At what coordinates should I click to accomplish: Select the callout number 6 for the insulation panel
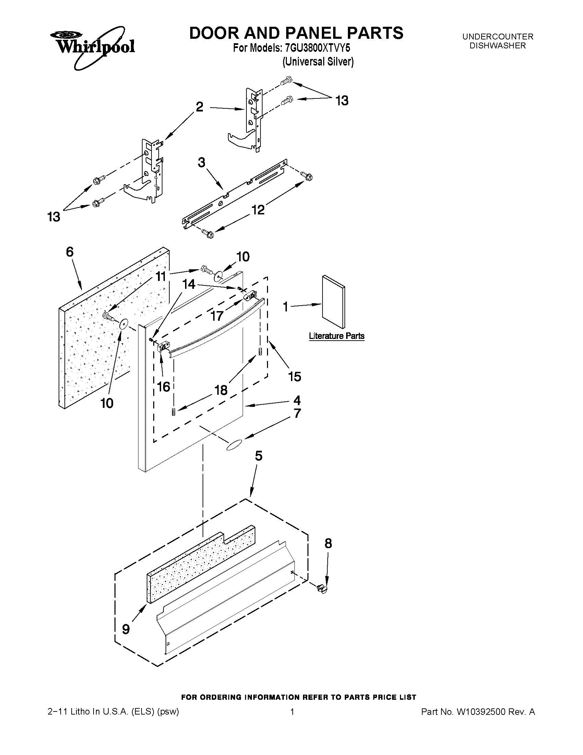(70, 252)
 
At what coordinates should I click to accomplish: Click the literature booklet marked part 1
(333, 302)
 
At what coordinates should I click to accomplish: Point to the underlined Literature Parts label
(337, 336)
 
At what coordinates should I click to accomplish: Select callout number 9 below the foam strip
(126, 629)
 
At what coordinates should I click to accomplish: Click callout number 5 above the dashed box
(259, 456)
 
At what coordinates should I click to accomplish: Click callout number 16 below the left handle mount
(163, 387)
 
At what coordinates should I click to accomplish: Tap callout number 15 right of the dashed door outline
(295, 376)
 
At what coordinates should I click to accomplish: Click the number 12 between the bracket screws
(258, 210)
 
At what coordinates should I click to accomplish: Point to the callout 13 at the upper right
(342, 101)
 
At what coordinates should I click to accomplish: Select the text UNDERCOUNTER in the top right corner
(498, 37)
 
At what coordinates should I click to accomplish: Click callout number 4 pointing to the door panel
(297, 400)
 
